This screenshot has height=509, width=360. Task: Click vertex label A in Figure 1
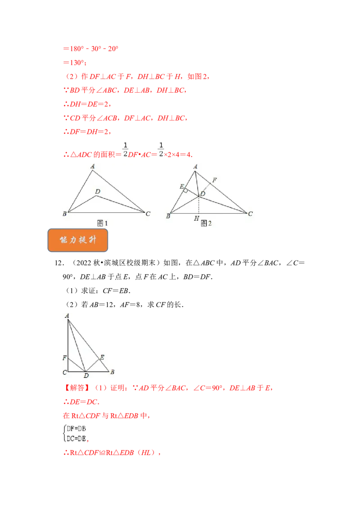pyautogui.click(x=93, y=166)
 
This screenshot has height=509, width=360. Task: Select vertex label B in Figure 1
pyautogui.click(x=64, y=214)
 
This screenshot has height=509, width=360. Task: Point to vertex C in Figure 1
pyautogui.click(x=148, y=213)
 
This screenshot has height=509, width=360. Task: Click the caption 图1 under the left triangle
pyautogui.click(x=103, y=223)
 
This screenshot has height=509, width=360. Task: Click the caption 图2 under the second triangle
pyautogui.click(x=206, y=223)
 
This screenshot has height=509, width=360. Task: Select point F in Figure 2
pyautogui.click(x=215, y=180)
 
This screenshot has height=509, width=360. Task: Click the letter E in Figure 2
pyautogui.click(x=181, y=186)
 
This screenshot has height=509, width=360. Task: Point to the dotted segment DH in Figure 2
pyautogui.click(x=198, y=205)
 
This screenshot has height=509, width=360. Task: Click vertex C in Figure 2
pyautogui.click(x=250, y=214)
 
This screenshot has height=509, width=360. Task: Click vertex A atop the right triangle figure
pyautogui.click(x=67, y=316)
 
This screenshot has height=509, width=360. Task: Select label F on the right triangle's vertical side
pyautogui.click(x=64, y=358)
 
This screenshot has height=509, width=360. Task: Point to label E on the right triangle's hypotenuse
pyautogui.click(x=102, y=357)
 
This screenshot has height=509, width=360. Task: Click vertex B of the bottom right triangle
pyautogui.click(x=112, y=372)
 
